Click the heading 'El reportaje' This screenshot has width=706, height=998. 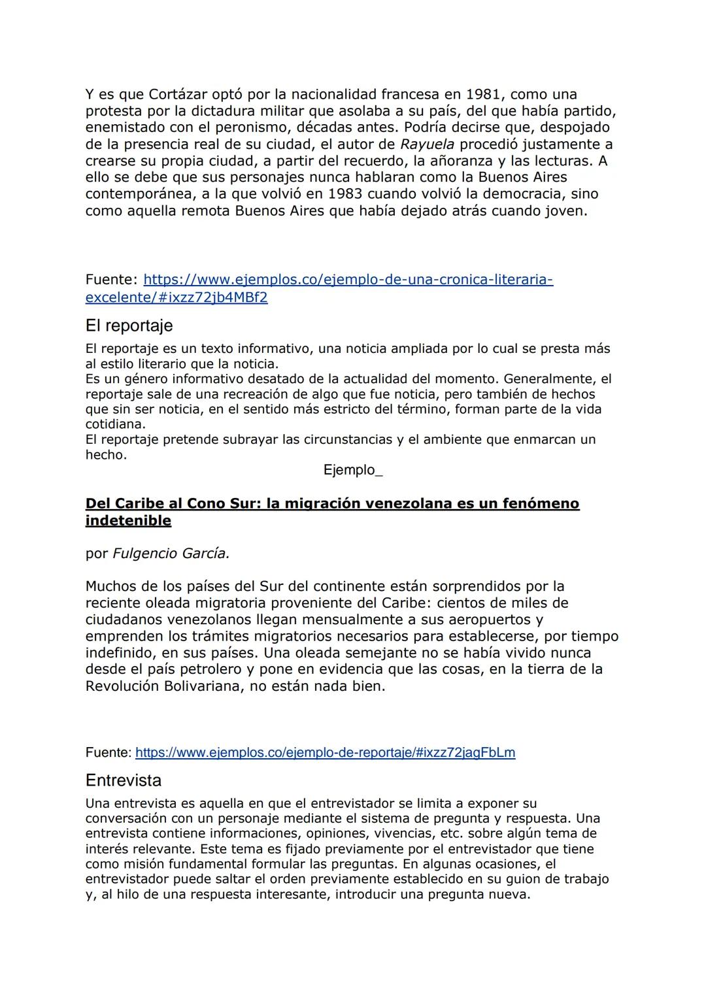(x=129, y=325)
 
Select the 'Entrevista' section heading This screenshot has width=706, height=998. (x=124, y=780)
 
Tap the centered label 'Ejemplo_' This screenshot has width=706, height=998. (x=353, y=471)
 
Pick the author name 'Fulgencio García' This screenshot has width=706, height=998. (x=171, y=554)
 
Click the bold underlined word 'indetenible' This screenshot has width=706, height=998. (x=128, y=521)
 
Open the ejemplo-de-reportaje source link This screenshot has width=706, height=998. (x=325, y=752)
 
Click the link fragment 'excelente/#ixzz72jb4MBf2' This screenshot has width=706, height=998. (x=176, y=297)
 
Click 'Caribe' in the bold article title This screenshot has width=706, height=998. (x=148, y=504)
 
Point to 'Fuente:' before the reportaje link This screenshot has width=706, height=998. (x=109, y=752)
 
